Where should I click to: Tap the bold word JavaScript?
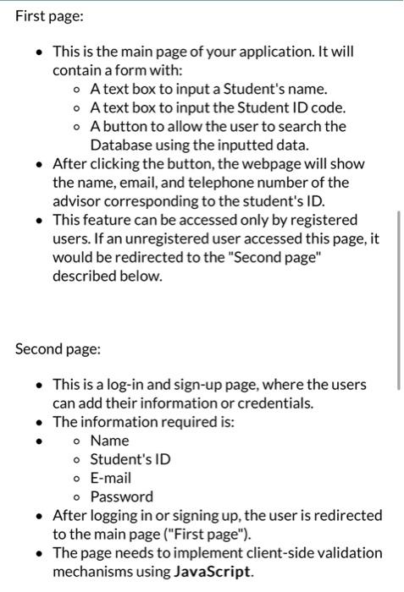click(213, 571)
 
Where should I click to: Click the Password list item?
click(122, 496)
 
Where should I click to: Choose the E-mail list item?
click(111, 478)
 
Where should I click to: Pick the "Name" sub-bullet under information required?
click(110, 441)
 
